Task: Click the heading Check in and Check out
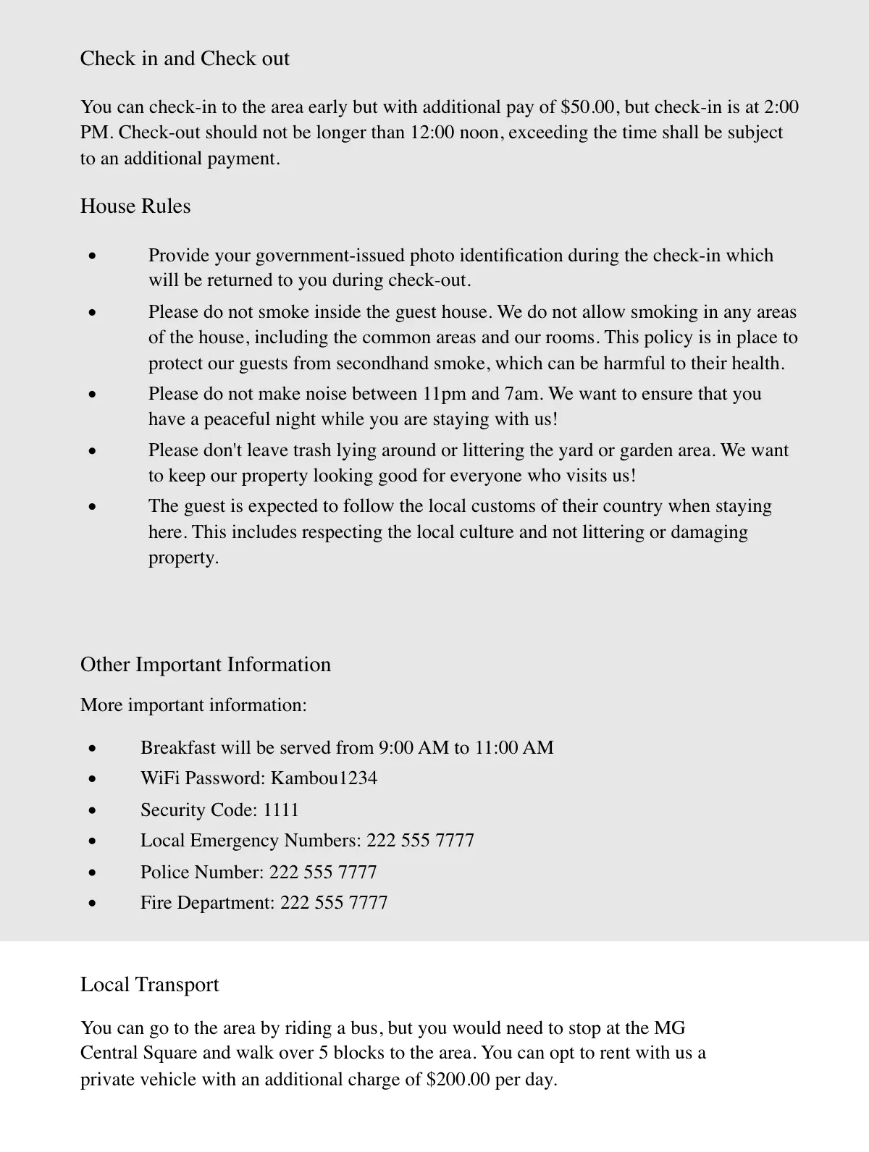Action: pos(185,59)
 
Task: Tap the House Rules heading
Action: pos(135,206)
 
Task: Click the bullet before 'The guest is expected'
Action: pos(92,507)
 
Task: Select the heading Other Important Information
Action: pos(206,665)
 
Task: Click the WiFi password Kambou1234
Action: pos(324,778)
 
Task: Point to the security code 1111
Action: pos(281,810)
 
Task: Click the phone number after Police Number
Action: pos(323,873)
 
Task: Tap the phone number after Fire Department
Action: pos(334,903)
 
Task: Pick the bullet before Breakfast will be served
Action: pos(92,749)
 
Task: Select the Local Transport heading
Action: pos(149,985)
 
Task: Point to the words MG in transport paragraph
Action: pos(670,1028)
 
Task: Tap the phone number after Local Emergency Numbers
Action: pos(420,841)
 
